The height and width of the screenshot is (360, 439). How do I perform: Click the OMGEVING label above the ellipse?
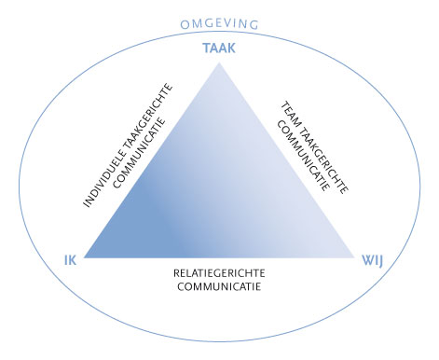(220, 23)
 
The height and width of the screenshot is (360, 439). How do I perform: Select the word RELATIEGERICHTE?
(219, 273)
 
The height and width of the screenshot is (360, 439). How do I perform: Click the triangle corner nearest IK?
(85, 256)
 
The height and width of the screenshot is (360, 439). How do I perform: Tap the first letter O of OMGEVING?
(183, 23)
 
